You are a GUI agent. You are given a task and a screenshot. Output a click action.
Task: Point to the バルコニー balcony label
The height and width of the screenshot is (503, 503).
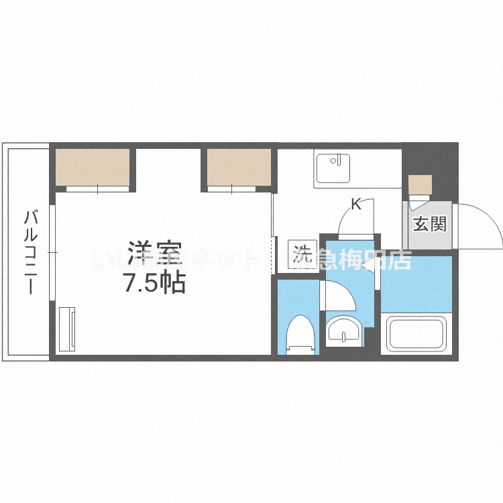tap(30, 252)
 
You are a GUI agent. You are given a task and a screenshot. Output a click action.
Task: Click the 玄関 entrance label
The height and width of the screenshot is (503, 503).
tap(429, 224)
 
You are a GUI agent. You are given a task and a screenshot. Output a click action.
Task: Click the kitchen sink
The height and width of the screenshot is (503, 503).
tap(333, 169)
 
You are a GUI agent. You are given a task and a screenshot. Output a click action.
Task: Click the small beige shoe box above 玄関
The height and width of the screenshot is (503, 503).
tap(421, 184)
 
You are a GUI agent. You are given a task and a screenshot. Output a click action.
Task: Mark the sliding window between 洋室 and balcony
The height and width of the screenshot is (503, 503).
tap(53, 252)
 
